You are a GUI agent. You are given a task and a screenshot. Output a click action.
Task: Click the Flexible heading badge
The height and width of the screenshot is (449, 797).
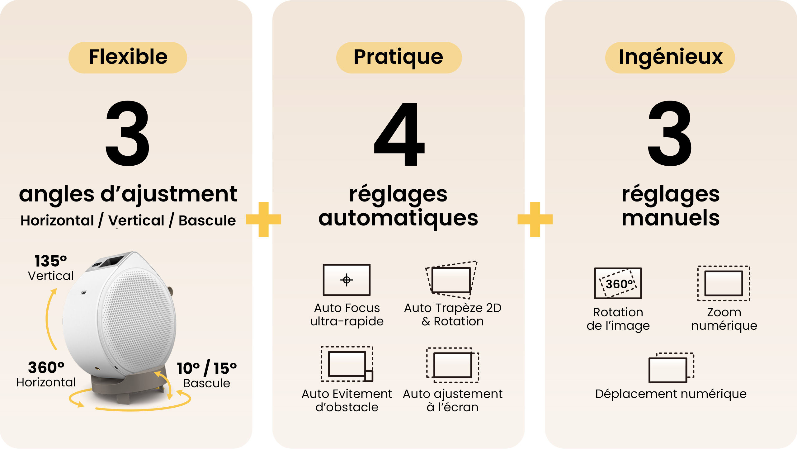(x=128, y=58)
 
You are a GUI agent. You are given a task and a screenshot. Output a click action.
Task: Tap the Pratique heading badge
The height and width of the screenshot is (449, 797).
(x=399, y=58)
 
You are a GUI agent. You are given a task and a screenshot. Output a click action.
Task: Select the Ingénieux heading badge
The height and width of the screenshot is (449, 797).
(x=670, y=58)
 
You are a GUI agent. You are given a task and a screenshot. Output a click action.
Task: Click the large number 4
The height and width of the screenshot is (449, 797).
(x=399, y=134)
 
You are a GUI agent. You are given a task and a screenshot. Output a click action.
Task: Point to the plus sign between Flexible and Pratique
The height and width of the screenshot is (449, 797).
(x=263, y=219)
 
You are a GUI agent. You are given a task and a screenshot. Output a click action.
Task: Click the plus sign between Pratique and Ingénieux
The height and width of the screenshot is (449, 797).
(x=535, y=219)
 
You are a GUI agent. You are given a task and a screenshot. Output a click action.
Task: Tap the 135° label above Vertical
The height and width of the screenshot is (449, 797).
(x=51, y=261)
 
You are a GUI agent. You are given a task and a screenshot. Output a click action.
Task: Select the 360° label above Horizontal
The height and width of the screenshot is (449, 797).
(x=46, y=367)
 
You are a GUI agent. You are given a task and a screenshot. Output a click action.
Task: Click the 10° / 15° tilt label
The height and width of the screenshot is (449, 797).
(x=207, y=368)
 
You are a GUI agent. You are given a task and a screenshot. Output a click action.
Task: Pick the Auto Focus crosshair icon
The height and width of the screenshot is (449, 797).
(x=347, y=280)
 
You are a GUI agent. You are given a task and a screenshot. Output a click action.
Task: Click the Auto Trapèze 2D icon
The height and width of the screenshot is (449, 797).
(x=451, y=280)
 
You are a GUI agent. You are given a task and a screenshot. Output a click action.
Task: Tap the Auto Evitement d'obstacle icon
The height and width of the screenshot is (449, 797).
(x=347, y=364)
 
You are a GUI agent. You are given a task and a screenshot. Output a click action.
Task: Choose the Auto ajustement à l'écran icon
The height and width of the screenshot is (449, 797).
(x=452, y=365)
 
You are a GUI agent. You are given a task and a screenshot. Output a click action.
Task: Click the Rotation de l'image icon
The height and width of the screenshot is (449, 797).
(x=618, y=283)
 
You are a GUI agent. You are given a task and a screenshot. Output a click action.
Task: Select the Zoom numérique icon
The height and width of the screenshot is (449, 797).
(x=724, y=283)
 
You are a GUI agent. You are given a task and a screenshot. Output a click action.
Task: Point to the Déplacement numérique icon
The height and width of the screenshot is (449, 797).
(x=671, y=368)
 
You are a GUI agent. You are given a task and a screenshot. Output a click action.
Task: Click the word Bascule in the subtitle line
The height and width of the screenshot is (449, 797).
(x=207, y=220)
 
